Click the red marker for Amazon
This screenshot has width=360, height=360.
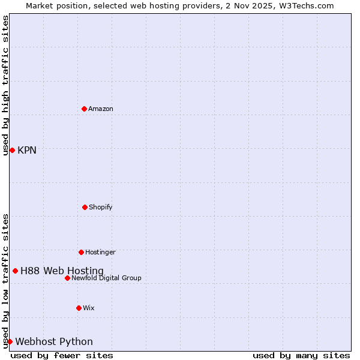point(84,109)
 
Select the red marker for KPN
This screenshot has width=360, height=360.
point(12,150)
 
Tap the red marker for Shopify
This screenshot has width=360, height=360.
point(85,207)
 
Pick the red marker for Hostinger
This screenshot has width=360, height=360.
point(81,252)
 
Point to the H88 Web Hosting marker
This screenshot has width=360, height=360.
point(15,271)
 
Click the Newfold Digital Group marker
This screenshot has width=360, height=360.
point(67,278)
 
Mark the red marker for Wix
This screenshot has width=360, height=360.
point(79,308)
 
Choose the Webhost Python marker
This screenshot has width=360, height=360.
point(10,341)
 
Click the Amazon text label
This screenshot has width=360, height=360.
point(101,109)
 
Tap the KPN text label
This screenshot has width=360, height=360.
point(27,150)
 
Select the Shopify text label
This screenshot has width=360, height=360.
point(101,207)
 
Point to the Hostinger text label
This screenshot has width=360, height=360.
point(100,252)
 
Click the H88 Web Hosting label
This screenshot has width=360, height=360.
point(62,271)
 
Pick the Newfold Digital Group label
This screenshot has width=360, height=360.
point(106,278)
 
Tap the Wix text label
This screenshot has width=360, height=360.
point(89,308)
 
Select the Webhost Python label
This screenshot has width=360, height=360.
point(54,341)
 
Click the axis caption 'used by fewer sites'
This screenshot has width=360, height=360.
point(62,355)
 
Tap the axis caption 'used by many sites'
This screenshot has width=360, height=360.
point(301,355)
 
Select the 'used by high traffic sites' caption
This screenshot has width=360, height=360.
point(5,85)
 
